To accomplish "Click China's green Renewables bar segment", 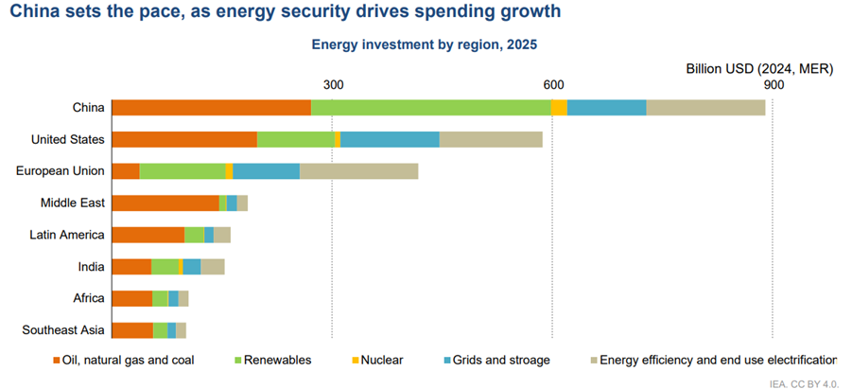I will point(431,108).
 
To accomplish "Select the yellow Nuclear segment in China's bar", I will point(559,108).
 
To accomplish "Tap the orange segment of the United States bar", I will point(184,140).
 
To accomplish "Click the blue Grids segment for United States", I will point(390,140).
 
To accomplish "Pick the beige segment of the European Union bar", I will point(358,171).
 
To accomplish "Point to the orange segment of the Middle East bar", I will point(165,203).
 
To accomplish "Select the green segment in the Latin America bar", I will point(194,235).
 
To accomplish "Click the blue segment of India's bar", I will point(192,267).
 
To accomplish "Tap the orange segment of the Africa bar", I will point(132,299).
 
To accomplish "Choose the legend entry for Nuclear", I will point(381,361).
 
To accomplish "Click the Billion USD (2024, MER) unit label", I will point(758,69).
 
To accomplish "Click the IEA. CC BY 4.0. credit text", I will point(804,382).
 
